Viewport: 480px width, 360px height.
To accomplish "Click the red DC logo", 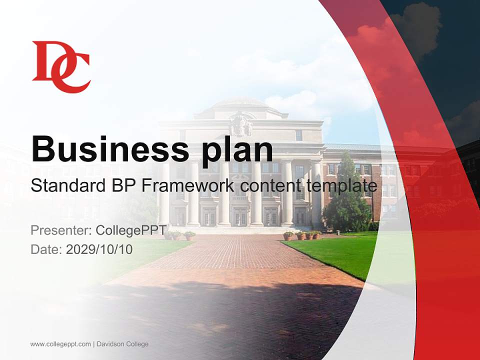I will [61, 67].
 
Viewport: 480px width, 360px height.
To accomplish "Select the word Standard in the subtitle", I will [63, 186].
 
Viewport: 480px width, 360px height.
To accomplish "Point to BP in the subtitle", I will [120, 186].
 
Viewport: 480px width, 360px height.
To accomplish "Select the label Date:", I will [46, 249].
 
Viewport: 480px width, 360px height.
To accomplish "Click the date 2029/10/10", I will [99, 249].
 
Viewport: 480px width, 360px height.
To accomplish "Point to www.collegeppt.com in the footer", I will [60, 344].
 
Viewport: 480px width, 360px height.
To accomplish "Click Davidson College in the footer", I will [122, 344].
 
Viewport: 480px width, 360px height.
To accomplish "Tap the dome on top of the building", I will [240, 104].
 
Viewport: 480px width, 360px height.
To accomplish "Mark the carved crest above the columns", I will [240, 124].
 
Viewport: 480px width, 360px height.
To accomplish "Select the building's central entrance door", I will [240, 216].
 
